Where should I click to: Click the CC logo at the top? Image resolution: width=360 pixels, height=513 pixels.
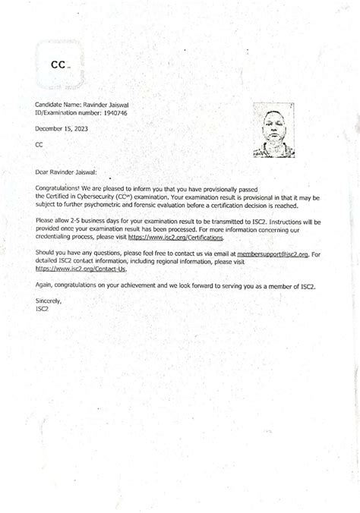(59, 65)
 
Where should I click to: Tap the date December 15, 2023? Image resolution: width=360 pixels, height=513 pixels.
(62, 128)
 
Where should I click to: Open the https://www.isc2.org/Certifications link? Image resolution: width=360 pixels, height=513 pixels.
(173, 238)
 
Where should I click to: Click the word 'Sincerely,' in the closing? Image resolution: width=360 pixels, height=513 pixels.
(49, 301)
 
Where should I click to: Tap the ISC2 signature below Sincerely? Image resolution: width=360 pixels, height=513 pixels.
(43, 308)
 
